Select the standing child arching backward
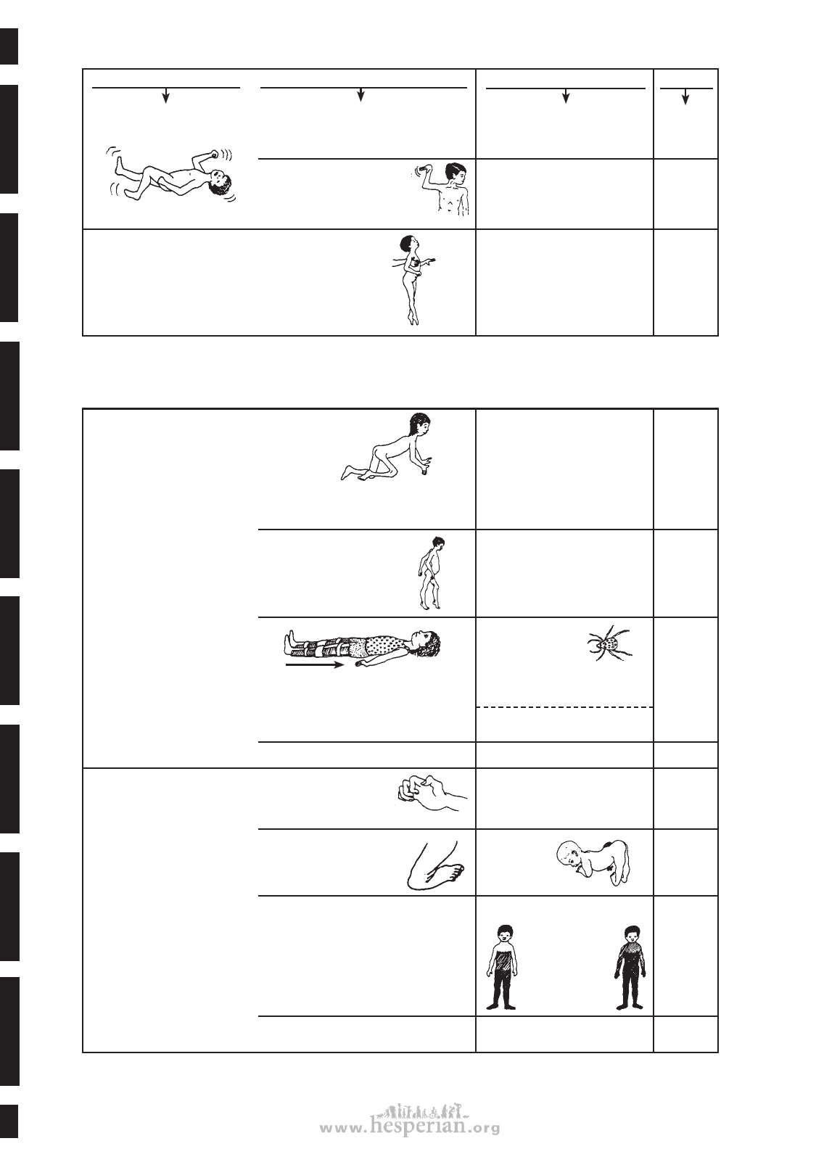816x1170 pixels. [x=413, y=279]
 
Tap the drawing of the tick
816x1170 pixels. [x=610, y=645]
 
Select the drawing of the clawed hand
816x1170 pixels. [x=432, y=794]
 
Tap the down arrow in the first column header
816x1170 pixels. [x=166, y=95]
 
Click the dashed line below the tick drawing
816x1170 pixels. [x=565, y=707]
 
